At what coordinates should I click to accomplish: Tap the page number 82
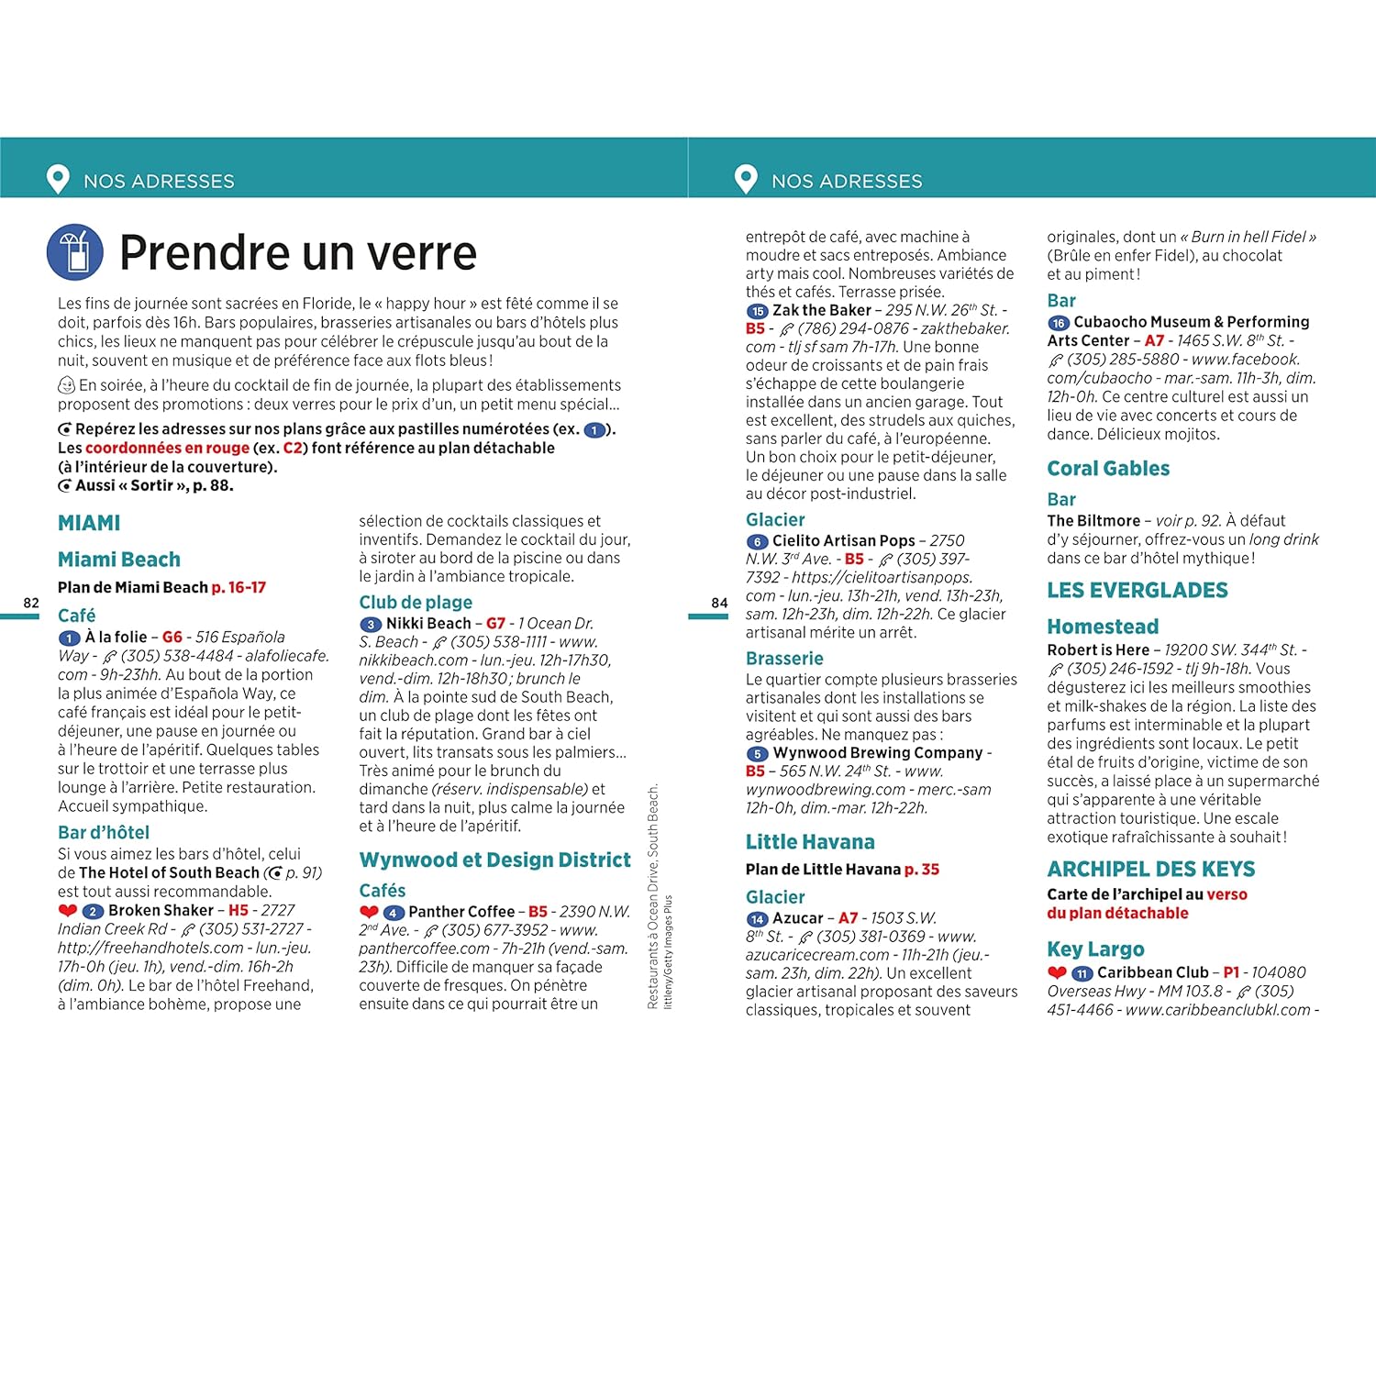click(31, 603)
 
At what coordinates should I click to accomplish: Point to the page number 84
click(719, 603)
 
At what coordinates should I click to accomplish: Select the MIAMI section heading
click(89, 523)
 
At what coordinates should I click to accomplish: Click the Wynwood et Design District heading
click(494, 860)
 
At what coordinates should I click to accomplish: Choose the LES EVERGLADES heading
click(1137, 590)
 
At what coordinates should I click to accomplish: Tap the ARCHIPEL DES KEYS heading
click(1150, 869)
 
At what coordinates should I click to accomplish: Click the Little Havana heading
click(809, 841)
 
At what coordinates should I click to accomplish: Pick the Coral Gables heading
click(1108, 468)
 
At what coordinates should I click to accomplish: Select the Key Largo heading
click(1095, 949)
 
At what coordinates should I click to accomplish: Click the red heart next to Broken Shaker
click(67, 911)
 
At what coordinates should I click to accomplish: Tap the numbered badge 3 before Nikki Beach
click(370, 624)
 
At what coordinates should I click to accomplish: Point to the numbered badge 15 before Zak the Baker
click(757, 311)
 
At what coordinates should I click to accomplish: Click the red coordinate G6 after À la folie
click(172, 637)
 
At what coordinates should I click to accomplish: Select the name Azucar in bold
click(797, 917)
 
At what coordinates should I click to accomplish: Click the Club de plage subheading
click(416, 602)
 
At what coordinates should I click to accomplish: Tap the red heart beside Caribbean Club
click(1057, 972)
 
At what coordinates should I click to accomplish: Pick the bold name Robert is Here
click(1098, 649)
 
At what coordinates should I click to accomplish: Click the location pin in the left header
click(58, 179)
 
